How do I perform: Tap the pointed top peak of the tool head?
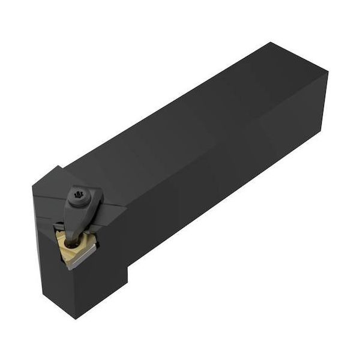click(58, 167)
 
